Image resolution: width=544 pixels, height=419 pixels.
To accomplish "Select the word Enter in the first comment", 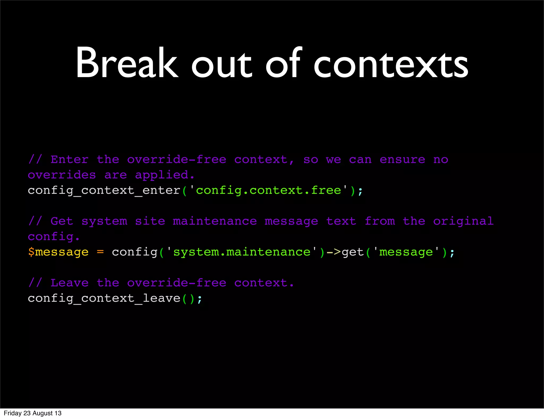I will click(69, 160).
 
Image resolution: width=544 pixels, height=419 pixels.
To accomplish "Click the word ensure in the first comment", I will click(402, 160).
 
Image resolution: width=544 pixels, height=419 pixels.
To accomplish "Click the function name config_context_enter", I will click(104, 191).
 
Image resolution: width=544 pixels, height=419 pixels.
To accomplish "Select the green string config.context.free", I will click(268, 191).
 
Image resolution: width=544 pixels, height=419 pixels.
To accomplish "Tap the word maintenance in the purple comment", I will click(215, 221).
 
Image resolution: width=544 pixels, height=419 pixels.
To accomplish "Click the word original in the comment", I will click(463, 221).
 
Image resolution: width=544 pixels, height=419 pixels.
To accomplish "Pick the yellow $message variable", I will click(58, 252).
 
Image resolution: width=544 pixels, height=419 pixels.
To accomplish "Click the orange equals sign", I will click(100, 252).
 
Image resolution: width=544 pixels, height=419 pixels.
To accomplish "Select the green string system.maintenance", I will click(242, 252).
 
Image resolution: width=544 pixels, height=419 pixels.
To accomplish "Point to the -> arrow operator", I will click(333, 252).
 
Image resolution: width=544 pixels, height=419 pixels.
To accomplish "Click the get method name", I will click(352, 252).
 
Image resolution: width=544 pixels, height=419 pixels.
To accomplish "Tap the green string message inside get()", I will click(406, 252).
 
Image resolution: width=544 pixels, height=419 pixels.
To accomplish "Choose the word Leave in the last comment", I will click(69, 283).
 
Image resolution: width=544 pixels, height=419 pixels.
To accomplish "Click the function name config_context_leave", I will click(104, 298).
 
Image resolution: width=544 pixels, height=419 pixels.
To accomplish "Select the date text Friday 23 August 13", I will click(33, 413).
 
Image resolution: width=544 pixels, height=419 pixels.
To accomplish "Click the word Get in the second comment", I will click(62, 221).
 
